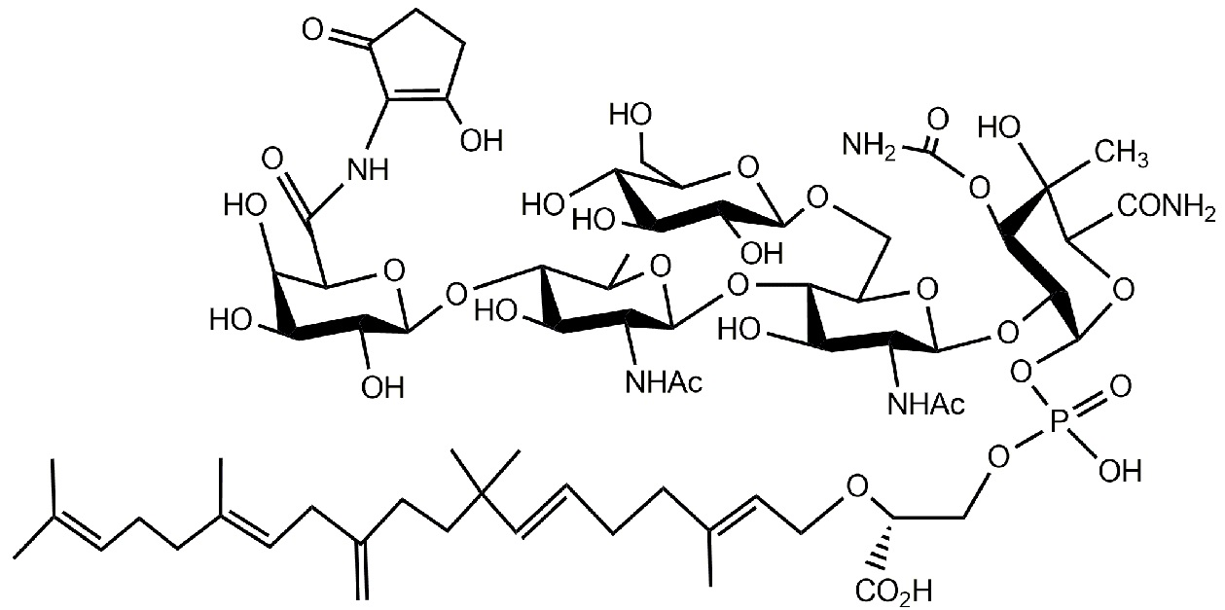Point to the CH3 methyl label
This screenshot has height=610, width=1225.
click(x=1122, y=154)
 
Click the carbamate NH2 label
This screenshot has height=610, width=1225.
click(x=869, y=146)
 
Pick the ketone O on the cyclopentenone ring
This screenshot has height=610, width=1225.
click(x=312, y=29)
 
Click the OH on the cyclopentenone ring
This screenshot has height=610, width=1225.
click(x=482, y=140)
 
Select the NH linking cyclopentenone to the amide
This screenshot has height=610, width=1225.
click(x=369, y=169)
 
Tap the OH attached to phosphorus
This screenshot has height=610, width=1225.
click(x=1121, y=471)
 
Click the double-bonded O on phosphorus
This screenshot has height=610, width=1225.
click(x=1121, y=386)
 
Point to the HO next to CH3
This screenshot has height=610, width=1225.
click(x=998, y=127)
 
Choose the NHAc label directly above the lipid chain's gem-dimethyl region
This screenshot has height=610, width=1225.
click(x=664, y=381)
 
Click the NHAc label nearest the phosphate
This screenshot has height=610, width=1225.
click(x=926, y=404)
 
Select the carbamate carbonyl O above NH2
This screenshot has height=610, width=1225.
click(x=938, y=119)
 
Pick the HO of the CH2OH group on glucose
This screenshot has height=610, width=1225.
click(x=631, y=114)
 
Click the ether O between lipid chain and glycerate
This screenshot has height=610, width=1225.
click(x=857, y=484)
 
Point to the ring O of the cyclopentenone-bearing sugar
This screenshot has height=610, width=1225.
click(x=394, y=269)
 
